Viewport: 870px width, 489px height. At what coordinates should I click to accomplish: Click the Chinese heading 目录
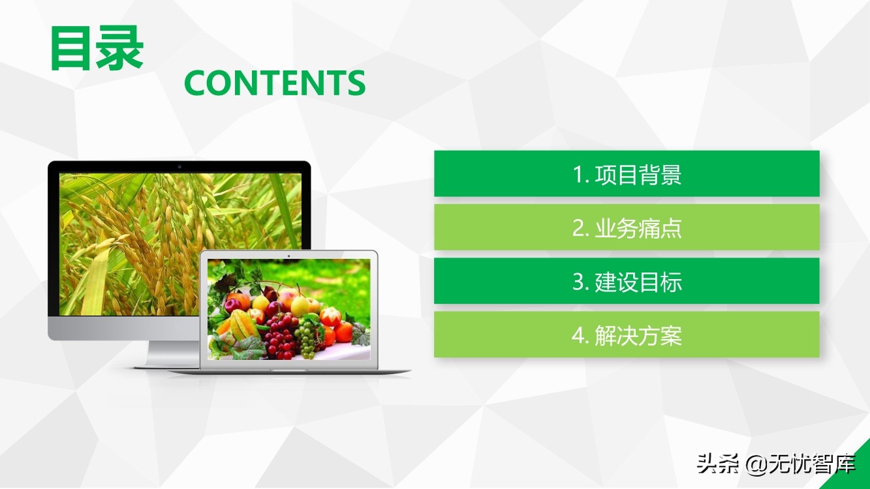coord(97,48)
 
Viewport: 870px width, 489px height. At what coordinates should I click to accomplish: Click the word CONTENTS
coord(275,83)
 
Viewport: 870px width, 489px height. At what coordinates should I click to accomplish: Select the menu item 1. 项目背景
coord(627,174)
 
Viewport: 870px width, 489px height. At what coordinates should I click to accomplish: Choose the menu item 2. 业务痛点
coord(627,228)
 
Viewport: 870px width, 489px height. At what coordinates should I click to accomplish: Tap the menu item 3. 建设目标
coord(627,281)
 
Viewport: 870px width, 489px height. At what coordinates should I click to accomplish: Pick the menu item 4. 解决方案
coord(627,334)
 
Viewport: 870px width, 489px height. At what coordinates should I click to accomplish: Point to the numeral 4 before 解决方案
coord(578,336)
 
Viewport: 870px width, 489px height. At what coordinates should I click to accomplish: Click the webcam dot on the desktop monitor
coord(179,166)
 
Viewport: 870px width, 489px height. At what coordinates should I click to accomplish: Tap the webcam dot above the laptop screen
coord(288,256)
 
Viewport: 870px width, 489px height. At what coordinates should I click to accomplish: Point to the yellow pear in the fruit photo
coord(300,305)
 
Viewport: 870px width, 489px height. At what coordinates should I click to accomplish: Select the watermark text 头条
coord(717,464)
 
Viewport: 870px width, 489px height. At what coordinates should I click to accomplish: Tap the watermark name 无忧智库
coord(813,464)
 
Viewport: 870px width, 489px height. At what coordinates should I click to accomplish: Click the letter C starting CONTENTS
coord(194,83)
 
